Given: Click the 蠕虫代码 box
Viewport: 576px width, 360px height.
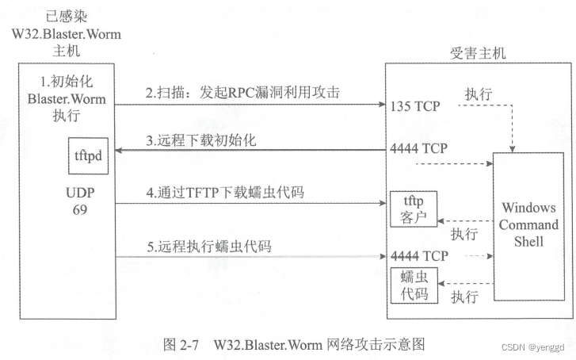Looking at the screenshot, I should click(413, 285).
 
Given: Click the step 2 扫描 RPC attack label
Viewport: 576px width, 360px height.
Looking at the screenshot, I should click(242, 93).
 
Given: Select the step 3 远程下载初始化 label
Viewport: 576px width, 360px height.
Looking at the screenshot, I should click(200, 141).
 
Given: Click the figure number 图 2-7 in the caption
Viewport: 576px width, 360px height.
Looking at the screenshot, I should click(179, 345).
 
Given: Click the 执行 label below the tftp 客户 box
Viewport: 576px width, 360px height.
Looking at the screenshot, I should click(463, 234).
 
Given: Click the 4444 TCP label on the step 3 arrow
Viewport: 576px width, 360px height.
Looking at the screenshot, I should click(418, 148).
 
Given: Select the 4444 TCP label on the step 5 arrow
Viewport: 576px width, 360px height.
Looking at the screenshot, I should click(418, 255).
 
